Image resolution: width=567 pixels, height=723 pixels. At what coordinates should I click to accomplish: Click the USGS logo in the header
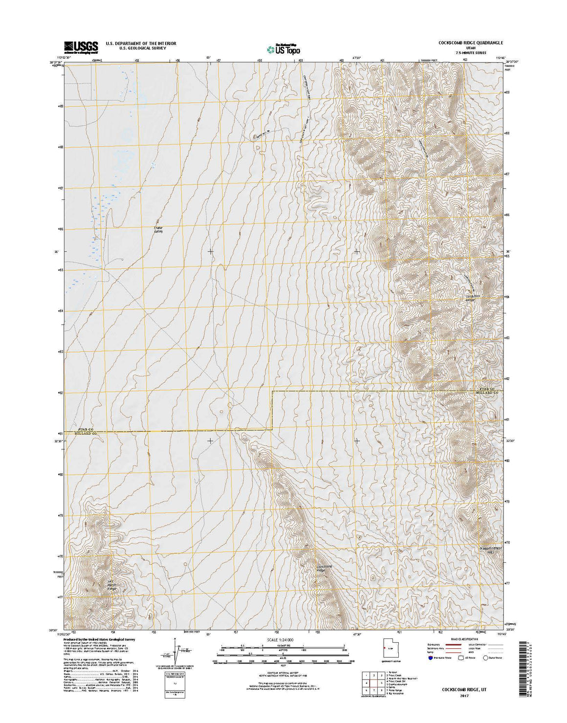point(81,46)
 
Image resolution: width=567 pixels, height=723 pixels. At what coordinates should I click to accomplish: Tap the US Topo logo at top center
point(283,48)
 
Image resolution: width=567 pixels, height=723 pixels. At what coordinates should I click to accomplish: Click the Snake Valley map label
point(157,229)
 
